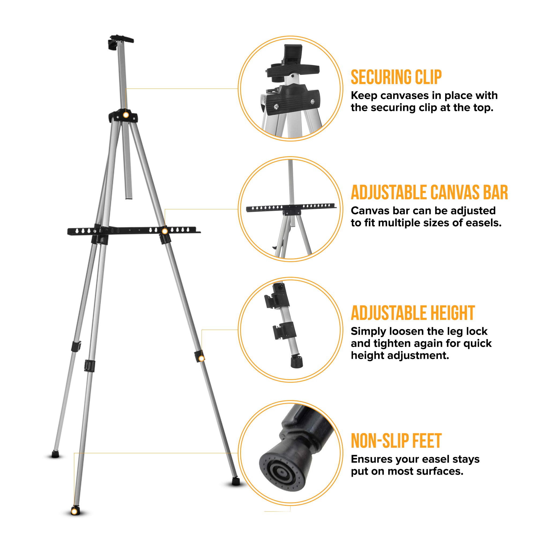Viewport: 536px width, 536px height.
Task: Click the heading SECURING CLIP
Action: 396,77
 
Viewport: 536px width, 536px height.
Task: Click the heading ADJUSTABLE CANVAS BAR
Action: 429,192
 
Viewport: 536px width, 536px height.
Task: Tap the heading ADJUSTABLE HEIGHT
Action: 413,313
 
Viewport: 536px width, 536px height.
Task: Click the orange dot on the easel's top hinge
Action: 126,115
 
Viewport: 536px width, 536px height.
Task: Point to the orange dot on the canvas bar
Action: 165,231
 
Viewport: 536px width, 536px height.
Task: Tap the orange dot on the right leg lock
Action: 202,359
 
